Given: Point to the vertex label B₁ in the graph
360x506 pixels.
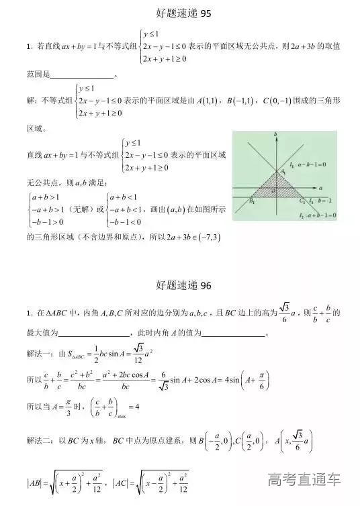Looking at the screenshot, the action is click(x=251, y=199).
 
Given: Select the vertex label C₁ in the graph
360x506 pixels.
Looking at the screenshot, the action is click(x=303, y=200).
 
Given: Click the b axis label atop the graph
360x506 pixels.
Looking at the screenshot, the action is click(x=277, y=136).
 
